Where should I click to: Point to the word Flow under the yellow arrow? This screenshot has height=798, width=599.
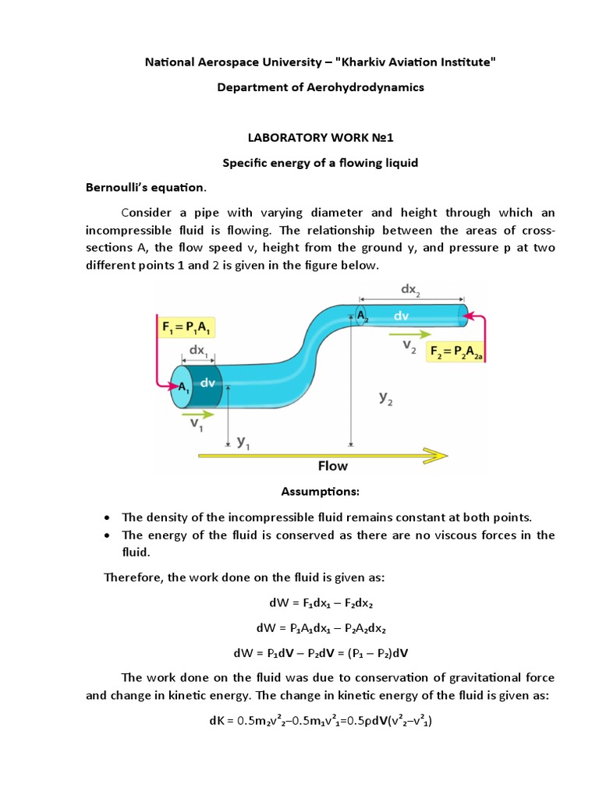tap(333, 466)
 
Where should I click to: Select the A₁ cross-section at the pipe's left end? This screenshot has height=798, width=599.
tap(182, 387)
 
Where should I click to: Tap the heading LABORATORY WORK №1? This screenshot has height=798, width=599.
tap(320, 138)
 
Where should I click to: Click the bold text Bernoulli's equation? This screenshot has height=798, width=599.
tap(146, 188)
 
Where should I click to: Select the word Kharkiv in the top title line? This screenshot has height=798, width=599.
tap(368, 62)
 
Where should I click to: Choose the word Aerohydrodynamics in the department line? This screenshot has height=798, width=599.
tap(363, 87)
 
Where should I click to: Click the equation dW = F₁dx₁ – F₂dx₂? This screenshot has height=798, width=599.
tap(321, 602)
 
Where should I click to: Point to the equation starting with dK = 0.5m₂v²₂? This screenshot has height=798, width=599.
tap(321, 721)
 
